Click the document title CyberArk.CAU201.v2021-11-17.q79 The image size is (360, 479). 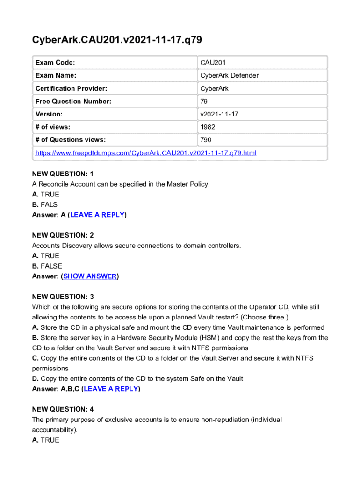[x=117, y=40]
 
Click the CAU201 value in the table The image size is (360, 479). [x=213, y=63]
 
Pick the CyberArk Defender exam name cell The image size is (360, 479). [x=229, y=75]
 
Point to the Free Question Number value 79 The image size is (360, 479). [x=204, y=101]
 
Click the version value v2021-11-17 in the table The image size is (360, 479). [x=219, y=114]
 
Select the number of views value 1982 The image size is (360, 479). [x=208, y=127]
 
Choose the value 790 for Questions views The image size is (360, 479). [x=206, y=139]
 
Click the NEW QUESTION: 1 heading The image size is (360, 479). [x=63, y=174]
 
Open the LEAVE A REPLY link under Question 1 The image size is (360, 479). [x=97, y=215]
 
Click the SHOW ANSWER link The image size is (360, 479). [x=90, y=276]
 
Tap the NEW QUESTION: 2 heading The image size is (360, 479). [x=63, y=235]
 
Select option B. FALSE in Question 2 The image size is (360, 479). [x=47, y=266]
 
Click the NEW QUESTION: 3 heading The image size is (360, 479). [x=63, y=297]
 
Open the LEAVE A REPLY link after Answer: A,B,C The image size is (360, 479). [x=111, y=389]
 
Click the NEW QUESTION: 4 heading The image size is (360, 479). [x=63, y=409]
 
